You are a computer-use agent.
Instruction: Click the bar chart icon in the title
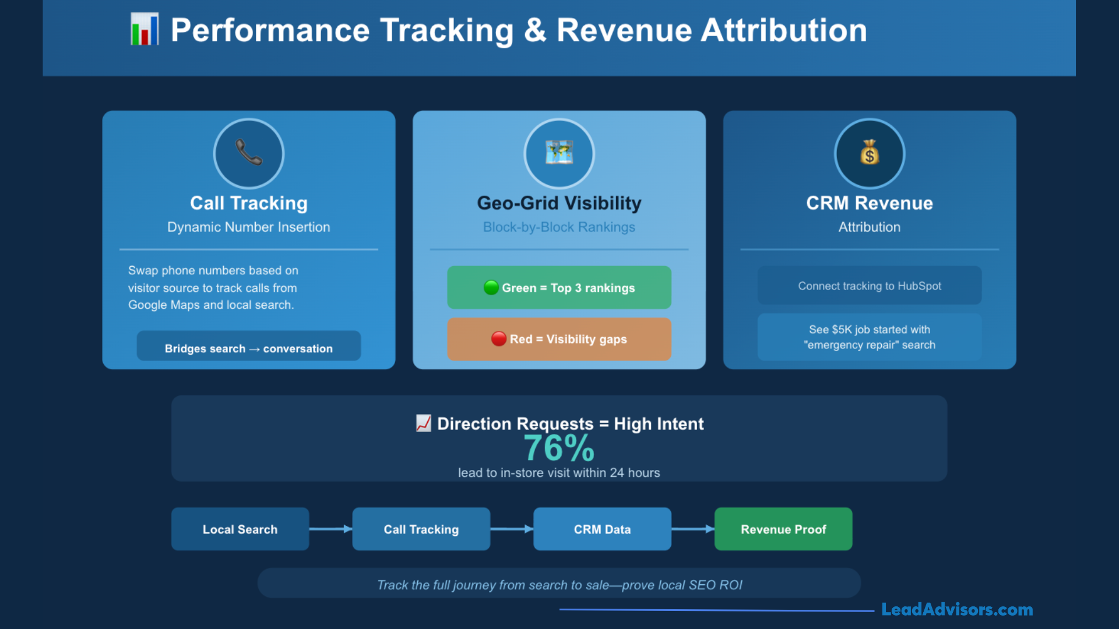pyautogui.click(x=144, y=29)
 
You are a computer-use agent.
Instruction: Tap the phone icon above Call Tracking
pyautogui.click(x=249, y=153)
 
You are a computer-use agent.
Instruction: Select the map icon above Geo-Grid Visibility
pyautogui.click(x=559, y=153)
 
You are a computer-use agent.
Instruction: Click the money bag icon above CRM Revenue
pyautogui.click(x=870, y=153)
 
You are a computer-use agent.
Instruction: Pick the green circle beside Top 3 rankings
pyautogui.click(x=491, y=287)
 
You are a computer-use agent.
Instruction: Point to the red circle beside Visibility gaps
pyautogui.click(x=498, y=338)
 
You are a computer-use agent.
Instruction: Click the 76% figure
pyautogui.click(x=558, y=448)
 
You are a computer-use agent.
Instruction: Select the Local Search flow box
pyautogui.click(x=240, y=529)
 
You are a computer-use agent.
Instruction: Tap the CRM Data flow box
pyautogui.click(x=602, y=529)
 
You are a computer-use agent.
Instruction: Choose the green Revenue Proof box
pyautogui.click(x=783, y=529)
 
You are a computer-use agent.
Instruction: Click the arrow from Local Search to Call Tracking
pyautogui.click(x=330, y=529)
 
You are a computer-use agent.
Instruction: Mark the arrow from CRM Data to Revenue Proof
pyautogui.click(x=693, y=529)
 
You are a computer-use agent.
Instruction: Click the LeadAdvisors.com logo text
pyautogui.click(x=957, y=609)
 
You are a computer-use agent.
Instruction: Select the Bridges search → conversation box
pyautogui.click(x=249, y=348)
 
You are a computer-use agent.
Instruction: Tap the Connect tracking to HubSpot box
pyautogui.click(x=870, y=285)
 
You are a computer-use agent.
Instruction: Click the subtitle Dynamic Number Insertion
pyautogui.click(x=249, y=227)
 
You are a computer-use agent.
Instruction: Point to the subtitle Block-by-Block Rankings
pyautogui.click(x=559, y=227)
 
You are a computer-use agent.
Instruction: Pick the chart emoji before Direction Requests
pyautogui.click(x=424, y=423)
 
